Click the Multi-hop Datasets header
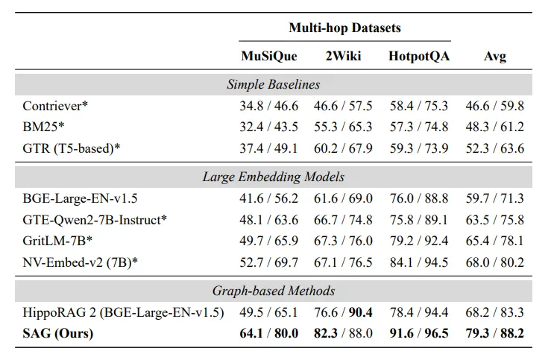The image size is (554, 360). [x=344, y=28]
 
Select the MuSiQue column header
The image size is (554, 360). [x=269, y=56]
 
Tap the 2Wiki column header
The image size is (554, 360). [x=343, y=56]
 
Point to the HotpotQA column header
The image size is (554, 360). [x=419, y=56]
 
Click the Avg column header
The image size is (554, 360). [x=494, y=57]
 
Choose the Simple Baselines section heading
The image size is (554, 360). [x=273, y=84]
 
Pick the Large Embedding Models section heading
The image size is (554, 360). [x=273, y=177]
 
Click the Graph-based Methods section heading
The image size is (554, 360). [x=273, y=291]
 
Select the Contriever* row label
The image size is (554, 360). [x=55, y=106]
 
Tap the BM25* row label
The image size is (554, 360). [x=43, y=127]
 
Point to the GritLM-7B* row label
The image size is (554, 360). [x=57, y=241]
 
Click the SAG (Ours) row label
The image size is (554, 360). [x=58, y=333]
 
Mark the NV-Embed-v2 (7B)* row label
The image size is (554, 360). [x=81, y=262]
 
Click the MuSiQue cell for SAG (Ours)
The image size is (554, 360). [x=269, y=333]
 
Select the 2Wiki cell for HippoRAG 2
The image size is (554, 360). [x=343, y=312]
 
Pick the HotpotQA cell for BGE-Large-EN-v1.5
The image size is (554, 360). [x=419, y=198]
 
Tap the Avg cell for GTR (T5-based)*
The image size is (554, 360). [x=494, y=148]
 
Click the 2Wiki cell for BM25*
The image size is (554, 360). [x=343, y=127]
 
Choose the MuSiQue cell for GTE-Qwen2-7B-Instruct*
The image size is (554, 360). [x=269, y=220]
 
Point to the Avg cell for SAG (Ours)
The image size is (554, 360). [x=494, y=333]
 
